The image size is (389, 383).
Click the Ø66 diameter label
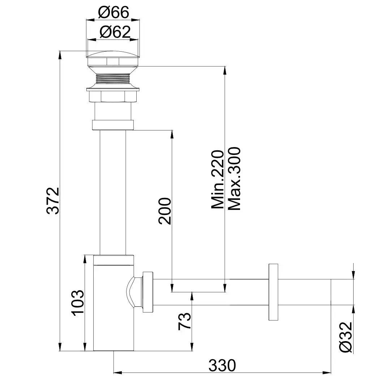click(x=114, y=13)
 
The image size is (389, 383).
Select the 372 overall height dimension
click(x=53, y=201)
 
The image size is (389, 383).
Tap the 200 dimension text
click(x=164, y=211)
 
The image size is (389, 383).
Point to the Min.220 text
click(x=218, y=180)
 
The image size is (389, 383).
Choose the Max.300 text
click(x=235, y=178)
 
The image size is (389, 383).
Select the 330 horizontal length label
click(x=222, y=365)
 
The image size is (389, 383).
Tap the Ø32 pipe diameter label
click(x=346, y=337)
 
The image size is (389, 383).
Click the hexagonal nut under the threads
click(x=113, y=97)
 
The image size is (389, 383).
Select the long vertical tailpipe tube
click(x=113, y=191)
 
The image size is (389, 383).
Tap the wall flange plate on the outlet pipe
click(x=273, y=292)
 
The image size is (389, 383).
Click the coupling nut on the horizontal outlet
click(x=148, y=292)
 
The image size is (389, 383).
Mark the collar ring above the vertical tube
click(x=113, y=125)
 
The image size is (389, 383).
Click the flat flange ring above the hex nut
click(x=113, y=89)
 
